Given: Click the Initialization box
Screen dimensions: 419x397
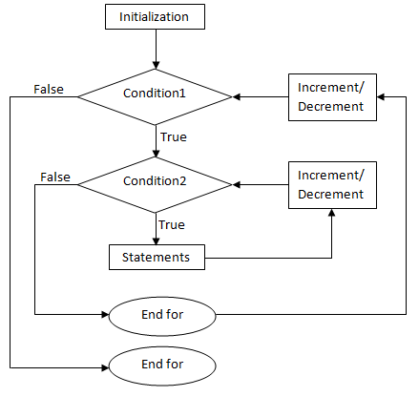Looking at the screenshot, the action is [155, 16].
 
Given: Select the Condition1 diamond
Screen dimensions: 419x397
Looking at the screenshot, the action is [156, 96].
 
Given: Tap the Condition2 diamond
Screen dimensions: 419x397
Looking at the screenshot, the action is [156, 184].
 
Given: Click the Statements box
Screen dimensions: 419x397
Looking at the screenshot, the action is [157, 257].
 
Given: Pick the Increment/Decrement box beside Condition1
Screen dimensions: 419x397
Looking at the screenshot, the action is [332, 97].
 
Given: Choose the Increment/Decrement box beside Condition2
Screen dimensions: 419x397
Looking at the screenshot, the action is [332, 185].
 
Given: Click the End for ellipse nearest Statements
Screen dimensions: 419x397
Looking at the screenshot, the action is [162, 316].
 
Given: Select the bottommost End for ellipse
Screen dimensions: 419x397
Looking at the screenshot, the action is [162, 366].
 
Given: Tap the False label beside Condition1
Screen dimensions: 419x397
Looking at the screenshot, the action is [49, 90].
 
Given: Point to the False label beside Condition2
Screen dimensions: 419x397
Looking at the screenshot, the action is [55, 177].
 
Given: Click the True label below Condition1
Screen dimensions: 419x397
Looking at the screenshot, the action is [174, 137].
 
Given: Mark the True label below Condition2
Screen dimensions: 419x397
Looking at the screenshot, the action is [172, 225].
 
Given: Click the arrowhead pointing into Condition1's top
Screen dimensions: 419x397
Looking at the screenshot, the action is [156, 65].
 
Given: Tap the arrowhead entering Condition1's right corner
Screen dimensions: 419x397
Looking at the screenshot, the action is [237, 96].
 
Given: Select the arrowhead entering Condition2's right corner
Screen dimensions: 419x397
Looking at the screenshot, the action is [237, 184].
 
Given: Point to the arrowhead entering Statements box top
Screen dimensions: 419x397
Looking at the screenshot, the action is [156, 240].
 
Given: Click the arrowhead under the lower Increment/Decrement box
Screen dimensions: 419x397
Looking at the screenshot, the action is [332, 213].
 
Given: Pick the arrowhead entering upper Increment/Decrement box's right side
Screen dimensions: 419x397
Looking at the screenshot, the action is [381, 96].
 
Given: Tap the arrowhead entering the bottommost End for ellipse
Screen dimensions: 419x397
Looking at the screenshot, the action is [105, 367].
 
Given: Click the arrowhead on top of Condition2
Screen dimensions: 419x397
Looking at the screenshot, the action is [156, 153].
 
